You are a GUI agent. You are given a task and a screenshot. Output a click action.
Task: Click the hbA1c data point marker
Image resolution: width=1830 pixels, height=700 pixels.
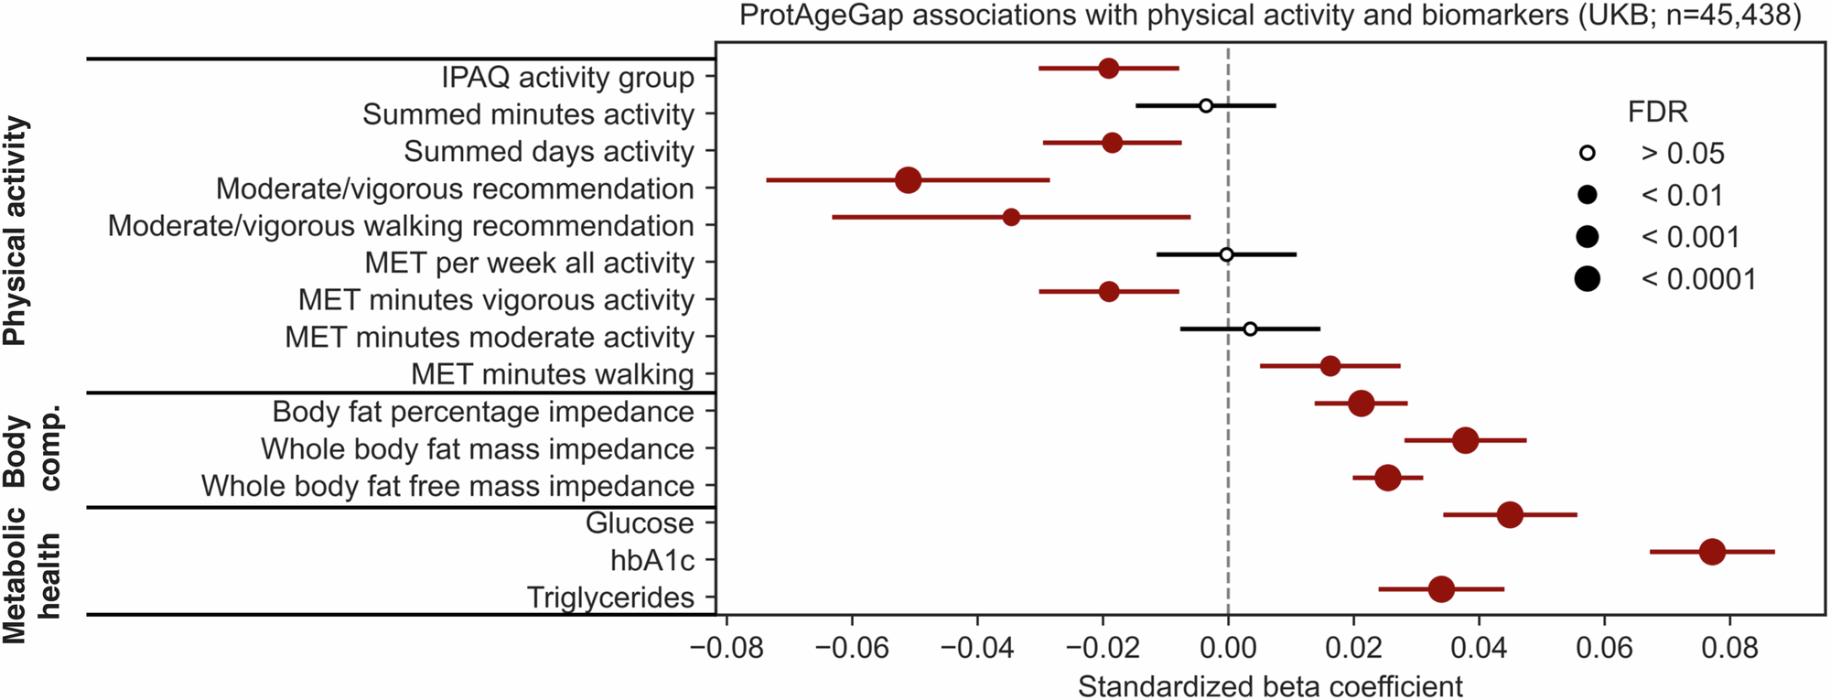point(1712,552)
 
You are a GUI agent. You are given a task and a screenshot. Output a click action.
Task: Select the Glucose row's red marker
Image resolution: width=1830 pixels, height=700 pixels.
point(1510,515)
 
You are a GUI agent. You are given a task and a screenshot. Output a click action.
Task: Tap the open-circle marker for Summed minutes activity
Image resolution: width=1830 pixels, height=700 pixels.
point(1206,106)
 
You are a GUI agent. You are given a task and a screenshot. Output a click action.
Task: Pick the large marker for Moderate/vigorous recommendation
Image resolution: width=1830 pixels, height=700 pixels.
point(908,180)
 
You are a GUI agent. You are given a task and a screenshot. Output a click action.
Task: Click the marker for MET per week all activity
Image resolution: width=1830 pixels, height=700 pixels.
point(1226,254)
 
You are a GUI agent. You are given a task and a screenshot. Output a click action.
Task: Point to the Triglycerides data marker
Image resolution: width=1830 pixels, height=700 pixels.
point(1441,589)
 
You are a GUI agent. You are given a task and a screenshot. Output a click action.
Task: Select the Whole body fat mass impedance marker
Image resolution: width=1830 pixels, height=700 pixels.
point(1465,440)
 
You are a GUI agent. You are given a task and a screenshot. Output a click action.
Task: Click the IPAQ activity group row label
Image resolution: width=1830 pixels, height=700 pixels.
point(567,77)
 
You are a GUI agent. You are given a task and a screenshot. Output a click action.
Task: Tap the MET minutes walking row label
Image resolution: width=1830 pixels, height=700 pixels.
point(552,374)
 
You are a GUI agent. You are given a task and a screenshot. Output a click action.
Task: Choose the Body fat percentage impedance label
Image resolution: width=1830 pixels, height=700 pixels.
point(483,412)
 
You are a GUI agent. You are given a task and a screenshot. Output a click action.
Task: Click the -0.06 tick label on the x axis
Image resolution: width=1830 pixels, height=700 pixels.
point(851,649)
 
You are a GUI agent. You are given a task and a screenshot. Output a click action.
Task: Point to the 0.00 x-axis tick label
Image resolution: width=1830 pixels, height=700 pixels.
point(1228,649)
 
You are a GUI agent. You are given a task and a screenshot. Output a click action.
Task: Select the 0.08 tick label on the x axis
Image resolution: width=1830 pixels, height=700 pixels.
point(1729,649)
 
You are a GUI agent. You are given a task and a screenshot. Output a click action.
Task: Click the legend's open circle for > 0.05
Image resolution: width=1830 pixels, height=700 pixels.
point(1588,153)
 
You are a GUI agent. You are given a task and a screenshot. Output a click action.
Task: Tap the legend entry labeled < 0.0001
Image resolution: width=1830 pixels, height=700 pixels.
point(1698,279)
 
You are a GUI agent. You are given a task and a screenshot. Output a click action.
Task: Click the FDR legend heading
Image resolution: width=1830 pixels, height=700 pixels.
point(1657,112)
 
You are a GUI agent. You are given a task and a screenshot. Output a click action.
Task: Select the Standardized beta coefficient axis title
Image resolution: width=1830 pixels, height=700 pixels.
point(1270,685)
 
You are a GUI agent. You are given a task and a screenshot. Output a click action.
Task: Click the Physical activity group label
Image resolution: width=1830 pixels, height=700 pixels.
point(16,231)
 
